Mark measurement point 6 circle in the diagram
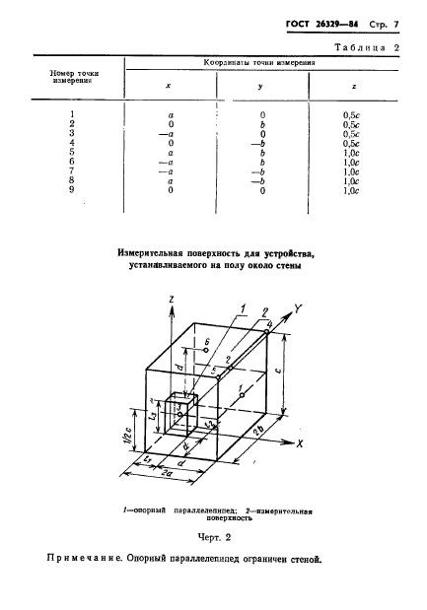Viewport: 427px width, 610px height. tap(197, 350)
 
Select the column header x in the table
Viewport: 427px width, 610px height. tap(169, 86)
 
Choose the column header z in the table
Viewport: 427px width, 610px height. tap(354, 86)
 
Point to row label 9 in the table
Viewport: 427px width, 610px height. tap(72, 190)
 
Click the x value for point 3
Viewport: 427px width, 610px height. tap(171, 134)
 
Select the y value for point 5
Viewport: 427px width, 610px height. tap(258, 153)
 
